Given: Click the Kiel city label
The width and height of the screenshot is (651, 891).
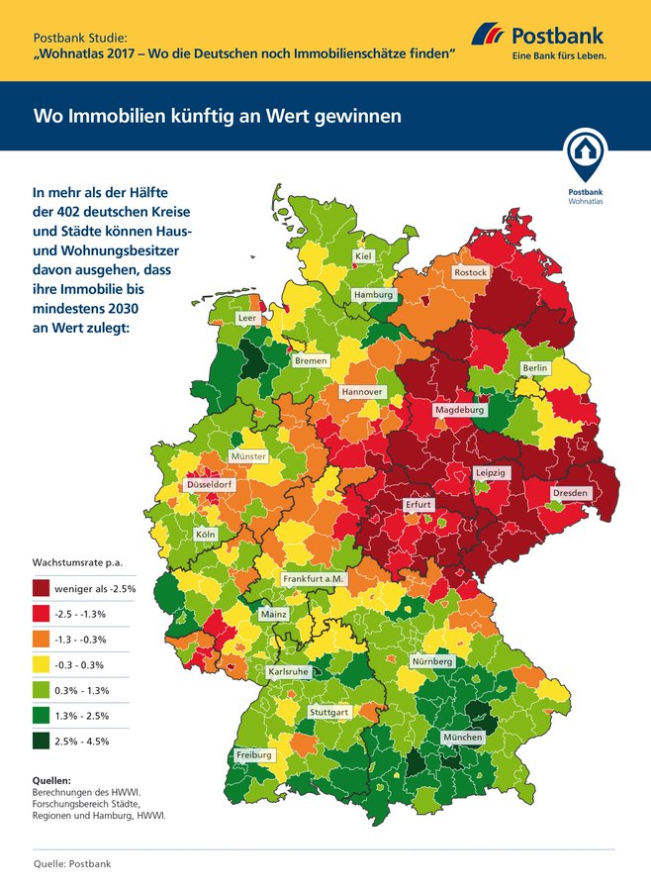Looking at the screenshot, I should pos(364,257).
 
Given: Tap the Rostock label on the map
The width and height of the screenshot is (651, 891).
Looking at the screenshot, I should pos(471,272).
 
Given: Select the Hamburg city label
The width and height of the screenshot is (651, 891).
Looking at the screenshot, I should pos(374,295).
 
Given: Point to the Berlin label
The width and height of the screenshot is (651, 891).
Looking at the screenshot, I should pos(534,368).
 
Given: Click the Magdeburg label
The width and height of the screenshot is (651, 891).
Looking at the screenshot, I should pos(459,409).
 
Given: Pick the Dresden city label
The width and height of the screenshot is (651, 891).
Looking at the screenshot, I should pos(571,492).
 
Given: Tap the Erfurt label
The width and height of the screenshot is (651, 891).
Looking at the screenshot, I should pos(418,505).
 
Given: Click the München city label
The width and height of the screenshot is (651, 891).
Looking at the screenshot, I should pos(463,738).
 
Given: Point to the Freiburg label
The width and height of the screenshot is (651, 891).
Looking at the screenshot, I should pos(254,755).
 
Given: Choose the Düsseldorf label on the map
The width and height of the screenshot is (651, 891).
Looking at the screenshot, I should pos(210,486).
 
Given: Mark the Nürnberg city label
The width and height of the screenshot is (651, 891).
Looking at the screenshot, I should pos(431,661).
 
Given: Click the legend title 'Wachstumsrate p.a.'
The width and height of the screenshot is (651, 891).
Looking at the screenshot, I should pos(71,562).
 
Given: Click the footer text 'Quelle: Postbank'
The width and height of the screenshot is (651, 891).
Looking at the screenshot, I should pos(72,864).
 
